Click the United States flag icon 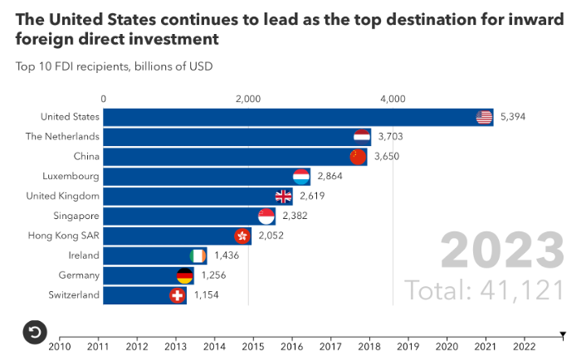click(484, 117)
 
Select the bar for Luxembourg click(199, 177)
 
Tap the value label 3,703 click(390, 137)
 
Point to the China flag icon click(358, 157)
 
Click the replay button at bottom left click(33, 332)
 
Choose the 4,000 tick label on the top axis click(393, 99)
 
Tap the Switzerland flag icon click(178, 295)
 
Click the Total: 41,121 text click(485, 289)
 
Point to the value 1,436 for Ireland click(227, 255)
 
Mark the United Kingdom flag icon click(284, 197)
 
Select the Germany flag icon click(185, 275)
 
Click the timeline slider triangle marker click(563, 335)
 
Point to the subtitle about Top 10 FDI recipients click(114, 65)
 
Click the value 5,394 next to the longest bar click(513, 117)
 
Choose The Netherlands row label click(62, 136)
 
